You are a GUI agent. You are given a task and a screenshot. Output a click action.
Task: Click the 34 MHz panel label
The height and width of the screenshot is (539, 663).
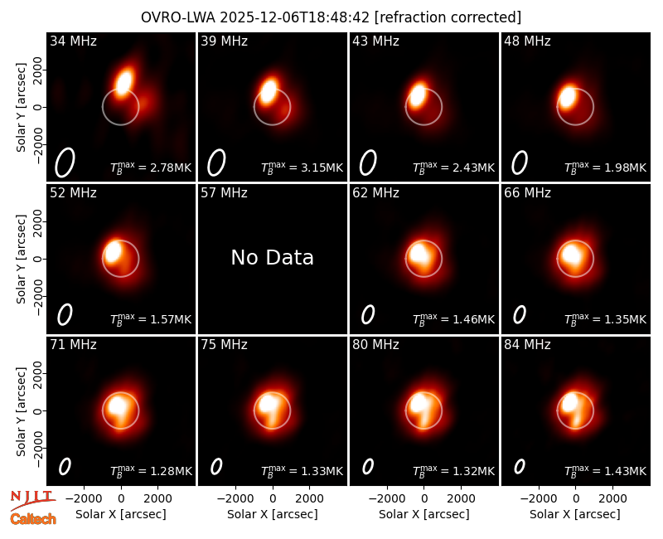click(73, 41)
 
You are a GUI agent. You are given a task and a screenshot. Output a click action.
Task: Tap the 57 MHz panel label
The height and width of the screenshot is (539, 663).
click(224, 193)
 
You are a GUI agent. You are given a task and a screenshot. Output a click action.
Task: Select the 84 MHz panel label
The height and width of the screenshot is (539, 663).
click(527, 345)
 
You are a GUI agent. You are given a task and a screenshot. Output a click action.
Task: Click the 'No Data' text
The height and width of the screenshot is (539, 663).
click(273, 257)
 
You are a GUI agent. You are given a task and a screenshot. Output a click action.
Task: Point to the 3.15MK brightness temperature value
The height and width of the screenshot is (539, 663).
click(322, 168)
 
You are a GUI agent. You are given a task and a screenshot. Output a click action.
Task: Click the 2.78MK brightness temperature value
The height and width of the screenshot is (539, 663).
click(171, 168)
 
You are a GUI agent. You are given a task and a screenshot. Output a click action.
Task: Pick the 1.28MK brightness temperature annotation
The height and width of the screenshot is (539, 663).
click(171, 471)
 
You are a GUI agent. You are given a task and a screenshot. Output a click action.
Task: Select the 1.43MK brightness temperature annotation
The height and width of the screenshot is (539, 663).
click(626, 471)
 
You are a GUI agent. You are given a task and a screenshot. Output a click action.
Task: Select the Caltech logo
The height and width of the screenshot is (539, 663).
click(33, 519)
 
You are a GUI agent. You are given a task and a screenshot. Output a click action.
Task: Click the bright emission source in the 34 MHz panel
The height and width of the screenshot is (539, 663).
click(124, 82)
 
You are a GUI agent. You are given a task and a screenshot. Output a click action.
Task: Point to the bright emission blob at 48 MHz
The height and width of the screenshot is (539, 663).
click(567, 97)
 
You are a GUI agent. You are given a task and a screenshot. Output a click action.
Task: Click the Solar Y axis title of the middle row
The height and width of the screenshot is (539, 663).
click(21, 259)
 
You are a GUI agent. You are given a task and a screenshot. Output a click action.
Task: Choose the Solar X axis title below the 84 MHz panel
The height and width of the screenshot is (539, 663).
click(575, 514)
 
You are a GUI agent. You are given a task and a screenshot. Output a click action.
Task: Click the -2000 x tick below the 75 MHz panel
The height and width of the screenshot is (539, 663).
click(235, 499)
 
